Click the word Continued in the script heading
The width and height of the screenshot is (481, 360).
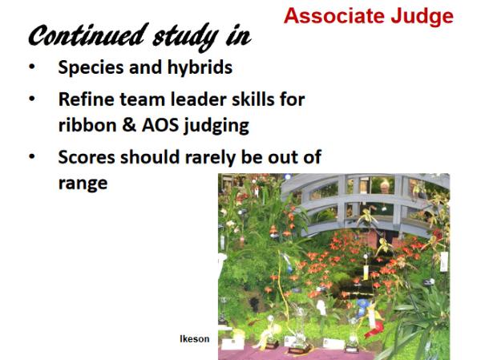[87, 34]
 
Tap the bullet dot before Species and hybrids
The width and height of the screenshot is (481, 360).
[32, 67]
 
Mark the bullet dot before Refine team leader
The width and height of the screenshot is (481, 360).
[32, 99]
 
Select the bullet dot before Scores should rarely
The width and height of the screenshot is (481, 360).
[32, 156]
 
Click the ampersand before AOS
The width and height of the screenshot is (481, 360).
[129, 125]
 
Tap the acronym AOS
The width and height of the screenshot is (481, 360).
[160, 125]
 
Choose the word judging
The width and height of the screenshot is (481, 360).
[216, 127]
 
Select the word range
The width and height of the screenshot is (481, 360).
[83, 184]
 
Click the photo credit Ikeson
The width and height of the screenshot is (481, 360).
[195, 339]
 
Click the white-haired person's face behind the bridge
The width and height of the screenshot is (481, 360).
[385, 186]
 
